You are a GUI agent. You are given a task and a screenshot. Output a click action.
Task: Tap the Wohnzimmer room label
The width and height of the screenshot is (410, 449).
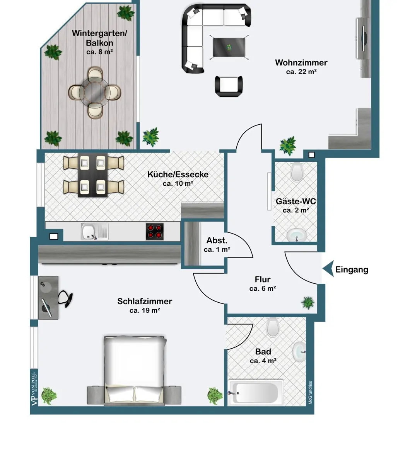point(301,63)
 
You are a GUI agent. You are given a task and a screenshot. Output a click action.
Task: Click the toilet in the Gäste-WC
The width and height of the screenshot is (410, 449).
point(297,171)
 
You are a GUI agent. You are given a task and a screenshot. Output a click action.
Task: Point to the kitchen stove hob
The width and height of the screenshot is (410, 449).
point(155,231)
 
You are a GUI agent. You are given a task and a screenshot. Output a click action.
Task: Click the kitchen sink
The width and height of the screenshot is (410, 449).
point(94,231)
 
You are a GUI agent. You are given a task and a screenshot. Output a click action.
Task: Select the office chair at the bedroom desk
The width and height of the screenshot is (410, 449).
point(66,298)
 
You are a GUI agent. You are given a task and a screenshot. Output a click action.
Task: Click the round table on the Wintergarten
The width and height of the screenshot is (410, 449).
point(95,93)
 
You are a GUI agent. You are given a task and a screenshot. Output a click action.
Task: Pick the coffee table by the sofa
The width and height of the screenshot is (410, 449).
point(229,47)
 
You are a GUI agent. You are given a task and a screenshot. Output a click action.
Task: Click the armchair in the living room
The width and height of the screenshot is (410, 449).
point(229,86)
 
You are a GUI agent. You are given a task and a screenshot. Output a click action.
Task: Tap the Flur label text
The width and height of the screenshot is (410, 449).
point(263,279)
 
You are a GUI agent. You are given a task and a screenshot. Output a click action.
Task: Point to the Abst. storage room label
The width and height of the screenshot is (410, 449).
point(217,240)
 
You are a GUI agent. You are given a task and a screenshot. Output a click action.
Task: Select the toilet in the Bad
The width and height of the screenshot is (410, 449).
point(272,327)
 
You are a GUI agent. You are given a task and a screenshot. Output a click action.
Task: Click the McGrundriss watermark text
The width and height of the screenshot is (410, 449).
point(310,392)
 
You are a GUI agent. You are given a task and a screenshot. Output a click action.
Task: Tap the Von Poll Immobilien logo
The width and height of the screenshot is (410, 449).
point(34,389)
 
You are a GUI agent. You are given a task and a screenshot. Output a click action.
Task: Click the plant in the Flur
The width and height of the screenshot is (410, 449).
point(307,303)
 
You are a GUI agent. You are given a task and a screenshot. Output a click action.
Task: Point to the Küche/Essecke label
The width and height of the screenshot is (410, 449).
point(178,175)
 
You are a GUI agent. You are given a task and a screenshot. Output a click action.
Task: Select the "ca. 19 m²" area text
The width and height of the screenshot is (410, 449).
point(145,310)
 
